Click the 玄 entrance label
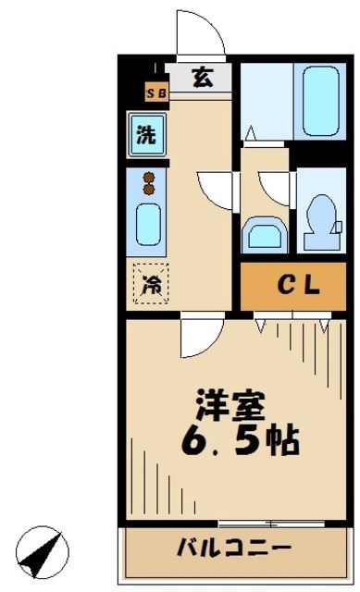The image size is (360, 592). click(x=201, y=78)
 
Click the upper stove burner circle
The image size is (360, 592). click(x=147, y=177)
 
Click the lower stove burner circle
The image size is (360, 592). click(x=147, y=190)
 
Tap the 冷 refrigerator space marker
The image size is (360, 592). click(x=149, y=284)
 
